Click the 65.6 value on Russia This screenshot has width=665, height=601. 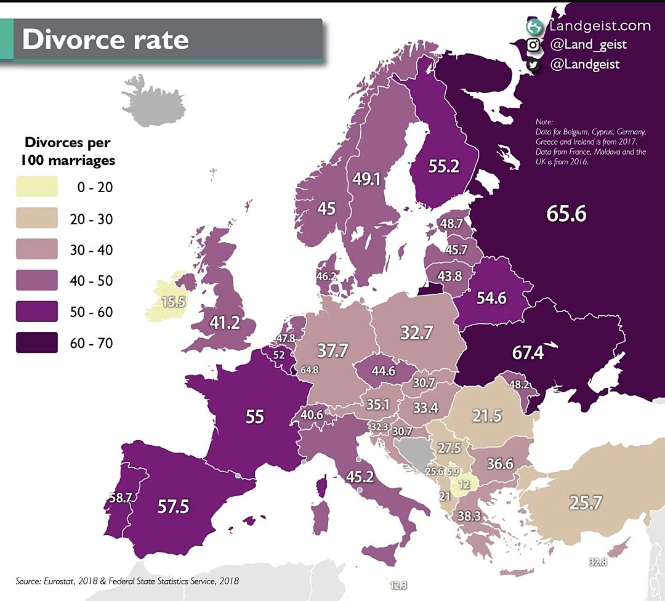(566, 213)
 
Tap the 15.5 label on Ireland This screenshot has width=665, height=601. (174, 302)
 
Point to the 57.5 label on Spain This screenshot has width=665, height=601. (173, 507)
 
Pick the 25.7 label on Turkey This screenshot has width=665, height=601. (585, 503)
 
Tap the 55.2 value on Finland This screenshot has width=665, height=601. (443, 166)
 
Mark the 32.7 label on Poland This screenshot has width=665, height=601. (417, 333)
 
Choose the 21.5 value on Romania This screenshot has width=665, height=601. (486, 416)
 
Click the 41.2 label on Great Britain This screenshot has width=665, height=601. (224, 323)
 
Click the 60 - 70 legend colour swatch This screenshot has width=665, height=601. (37, 343)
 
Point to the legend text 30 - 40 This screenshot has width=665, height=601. (92, 251)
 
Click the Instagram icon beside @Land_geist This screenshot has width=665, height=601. (533, 45)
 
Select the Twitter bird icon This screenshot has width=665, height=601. (533, 65)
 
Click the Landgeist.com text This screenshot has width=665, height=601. (599, 26)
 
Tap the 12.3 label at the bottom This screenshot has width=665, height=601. (398, 585)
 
